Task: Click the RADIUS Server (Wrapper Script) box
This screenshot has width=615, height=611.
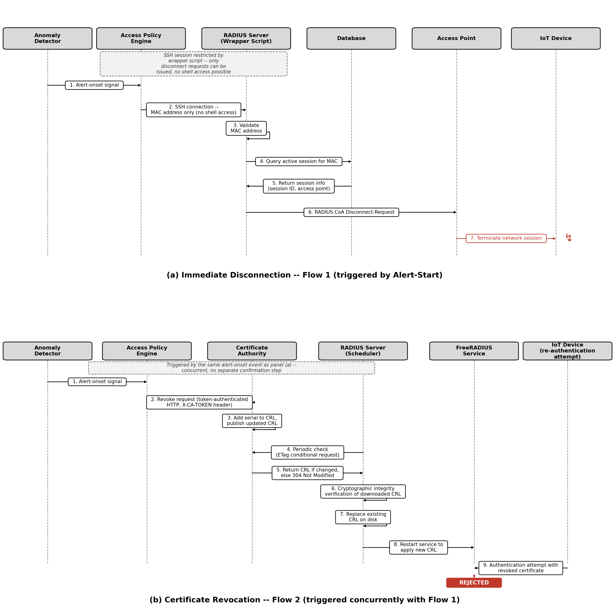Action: click(246, 39)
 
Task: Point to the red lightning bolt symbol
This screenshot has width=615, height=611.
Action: click(568, 238)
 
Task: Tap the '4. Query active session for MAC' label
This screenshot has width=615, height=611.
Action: click(299, 161)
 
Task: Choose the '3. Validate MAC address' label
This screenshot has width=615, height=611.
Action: click(246, 128)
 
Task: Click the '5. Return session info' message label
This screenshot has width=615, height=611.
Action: click(299, 186)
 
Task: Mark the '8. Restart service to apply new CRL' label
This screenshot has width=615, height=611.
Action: click(418, 547)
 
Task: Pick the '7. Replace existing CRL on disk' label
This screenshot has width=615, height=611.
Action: click(363, 517)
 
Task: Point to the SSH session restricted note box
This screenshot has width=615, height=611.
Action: click(194, 64)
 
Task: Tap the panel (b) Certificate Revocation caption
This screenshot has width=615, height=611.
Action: click(304, 600)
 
